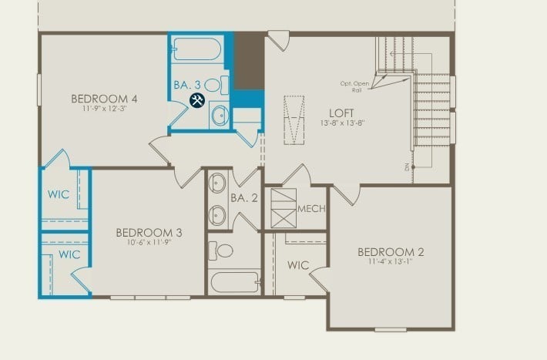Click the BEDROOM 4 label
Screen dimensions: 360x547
coord(104,99)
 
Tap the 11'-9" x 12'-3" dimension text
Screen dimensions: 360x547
coord(104,109)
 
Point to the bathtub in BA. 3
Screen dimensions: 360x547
coord(197,51)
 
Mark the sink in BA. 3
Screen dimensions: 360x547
coord(220,116)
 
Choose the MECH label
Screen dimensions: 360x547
coord(311,209)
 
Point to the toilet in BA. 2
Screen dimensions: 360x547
coord(224,251)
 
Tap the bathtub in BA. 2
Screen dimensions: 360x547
coord(235,281)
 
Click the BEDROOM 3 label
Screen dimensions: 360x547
coord(149,233)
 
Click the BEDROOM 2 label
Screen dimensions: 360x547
coord(391,252)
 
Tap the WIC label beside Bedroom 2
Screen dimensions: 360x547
coord(298,265)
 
